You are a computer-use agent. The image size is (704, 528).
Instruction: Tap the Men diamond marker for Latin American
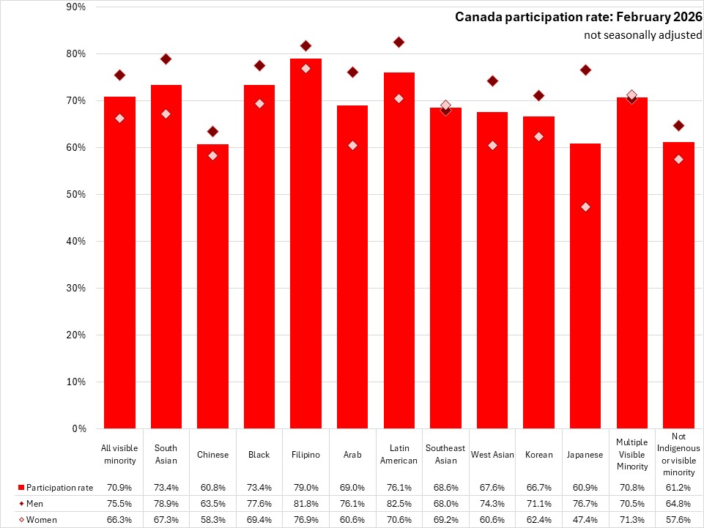click(x=399, y=42)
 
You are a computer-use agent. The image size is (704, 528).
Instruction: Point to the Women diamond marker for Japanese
click(x=585, y=207)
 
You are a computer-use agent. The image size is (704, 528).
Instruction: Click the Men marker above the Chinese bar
click(x=212, y=131)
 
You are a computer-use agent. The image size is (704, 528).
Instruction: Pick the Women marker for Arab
click(x=352, y=145)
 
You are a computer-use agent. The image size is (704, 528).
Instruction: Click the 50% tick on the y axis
click(x=75, y=194)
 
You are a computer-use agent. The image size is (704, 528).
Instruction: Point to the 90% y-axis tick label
click(x=75, y=7)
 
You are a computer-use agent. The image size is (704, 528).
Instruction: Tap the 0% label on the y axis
click(x=78, y=428)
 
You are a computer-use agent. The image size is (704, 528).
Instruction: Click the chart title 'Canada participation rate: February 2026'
click(x=578, y=17)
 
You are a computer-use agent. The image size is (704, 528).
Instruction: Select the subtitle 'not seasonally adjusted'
click(x=642, y=35)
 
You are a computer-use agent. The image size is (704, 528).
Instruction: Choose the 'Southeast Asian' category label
click(x=445, y=454)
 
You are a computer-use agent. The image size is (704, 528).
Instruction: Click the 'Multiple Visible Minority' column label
click(x=632, y=454)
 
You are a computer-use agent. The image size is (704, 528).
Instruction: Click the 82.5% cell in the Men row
click(x=399, y=503)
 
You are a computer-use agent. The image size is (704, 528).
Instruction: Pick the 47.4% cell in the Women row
click(x=585, y=518)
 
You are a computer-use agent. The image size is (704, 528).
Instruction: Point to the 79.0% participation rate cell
click(x=305, y=488)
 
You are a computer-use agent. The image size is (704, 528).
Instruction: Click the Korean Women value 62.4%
click(x=538, y=518)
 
